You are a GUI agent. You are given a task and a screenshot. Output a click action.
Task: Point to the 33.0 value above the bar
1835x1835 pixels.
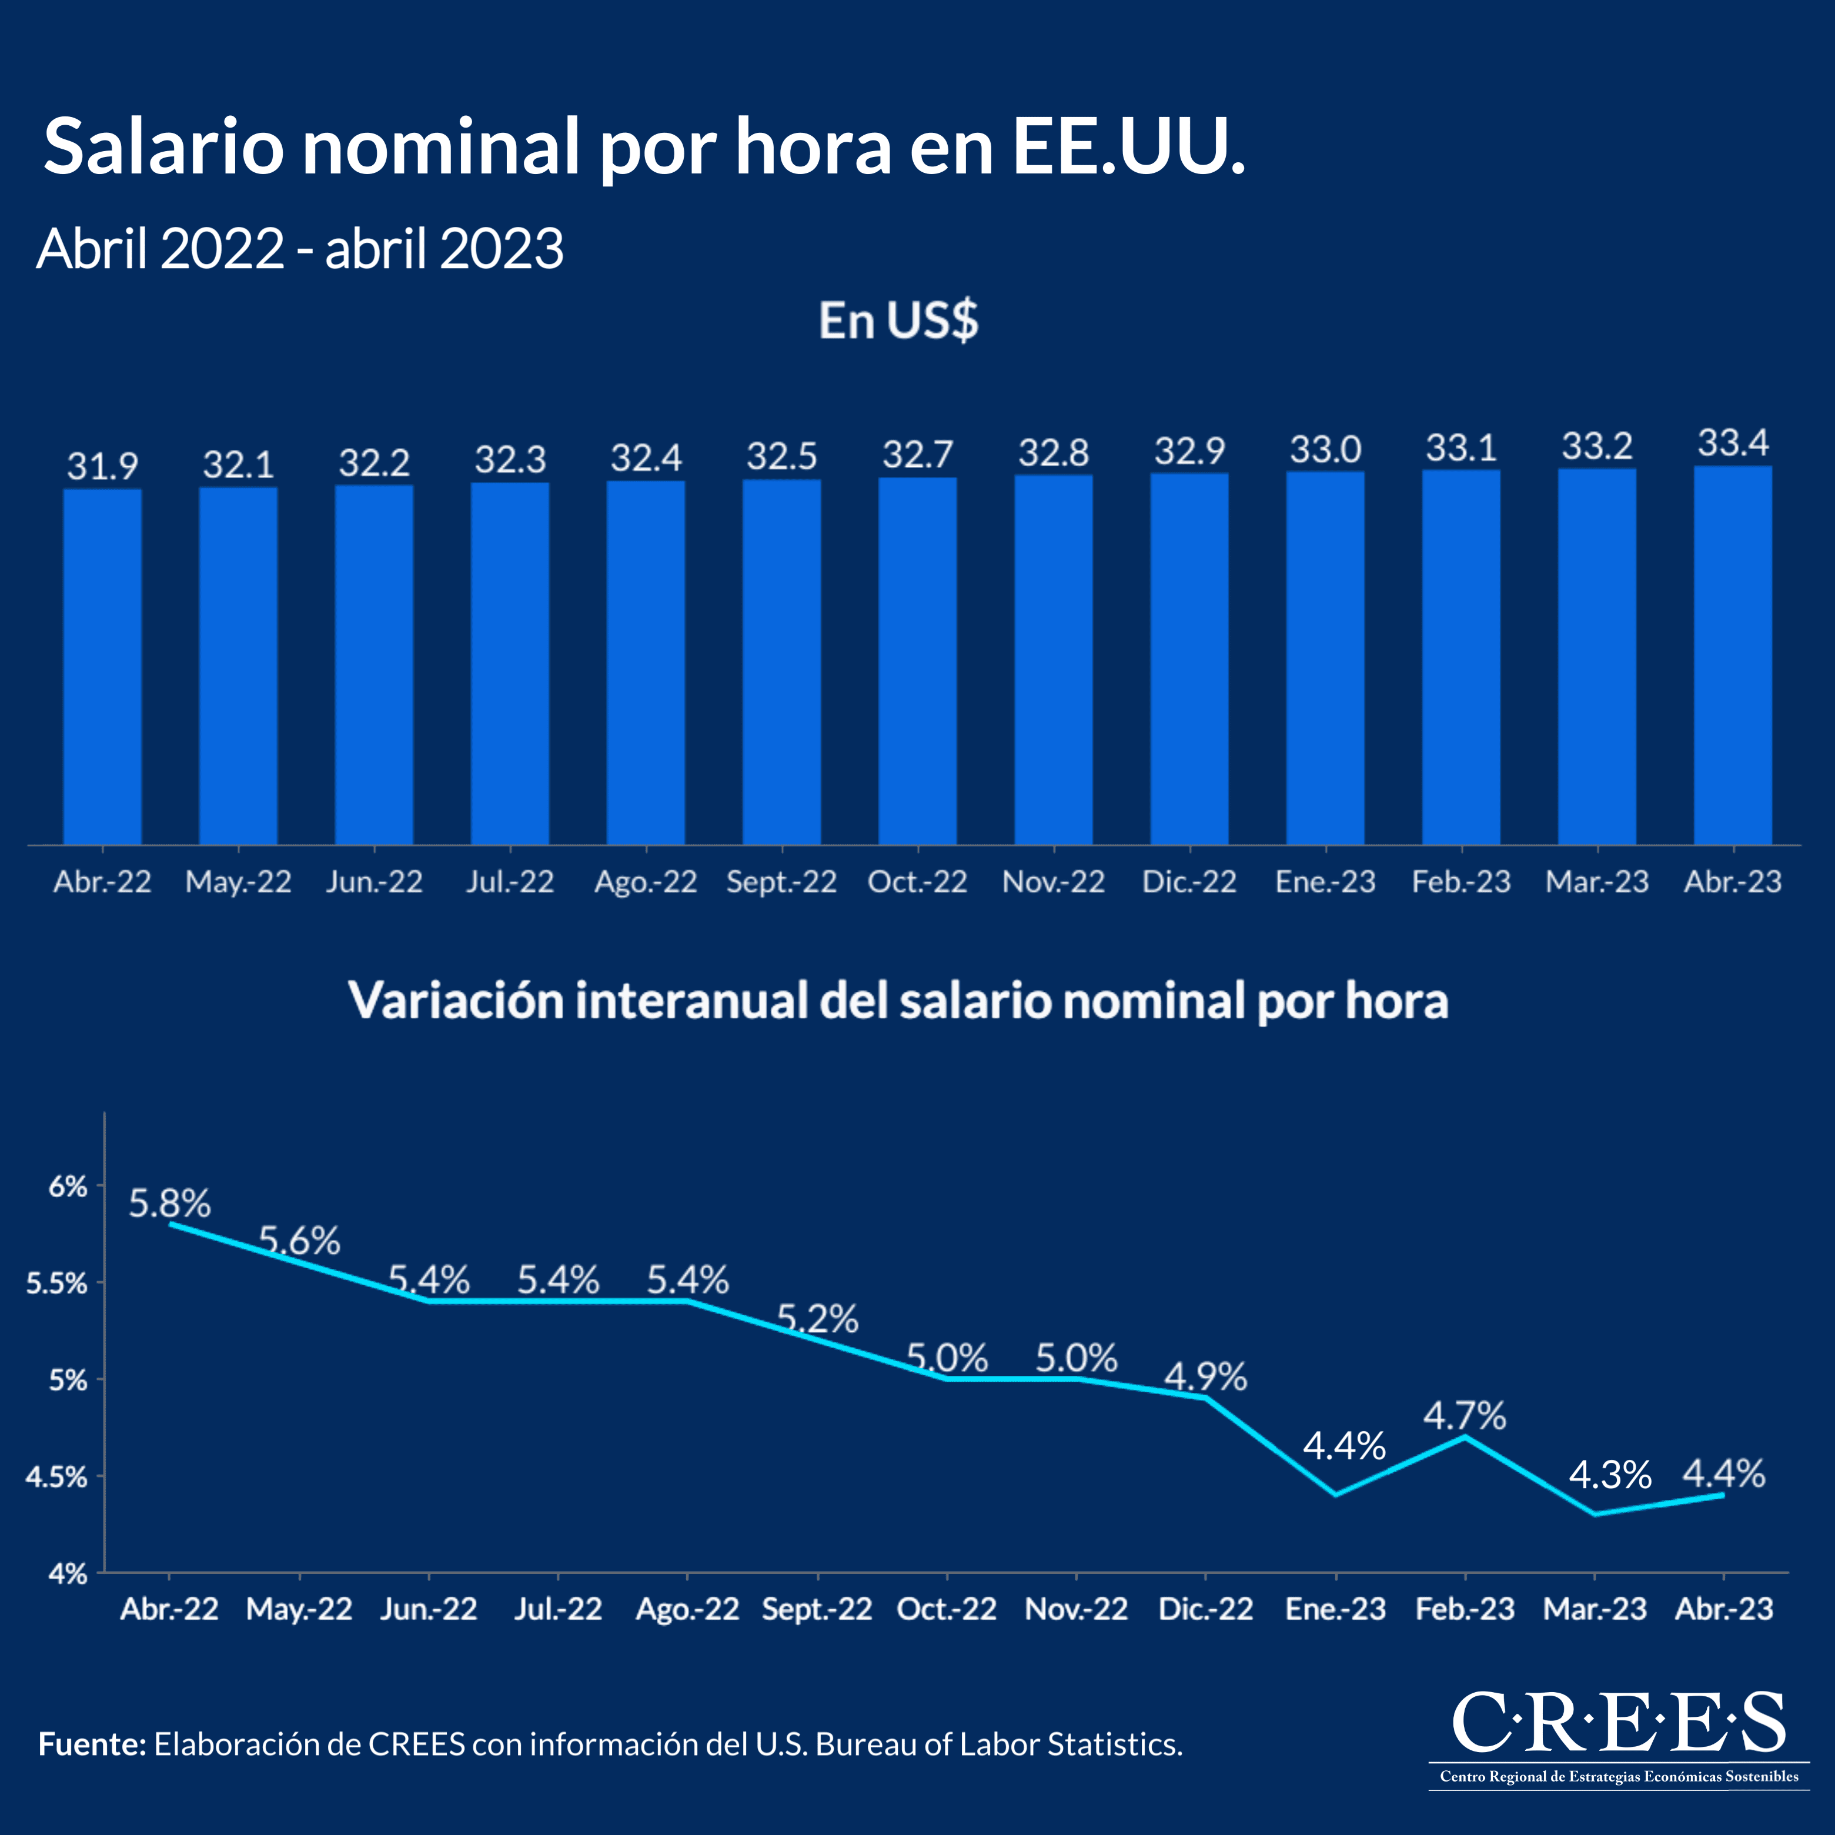click(x=1325, y=449)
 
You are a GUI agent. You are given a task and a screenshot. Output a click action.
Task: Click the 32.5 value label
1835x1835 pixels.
click(x=781, y=457)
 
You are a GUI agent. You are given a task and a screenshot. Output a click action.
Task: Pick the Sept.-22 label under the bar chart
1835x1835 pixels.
click(x=781, y=883)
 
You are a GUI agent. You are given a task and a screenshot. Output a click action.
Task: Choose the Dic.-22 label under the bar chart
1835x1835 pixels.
click(x=1189, y=883)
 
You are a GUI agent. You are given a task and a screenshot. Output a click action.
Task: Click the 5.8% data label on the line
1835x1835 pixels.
click(x=170, y=1204)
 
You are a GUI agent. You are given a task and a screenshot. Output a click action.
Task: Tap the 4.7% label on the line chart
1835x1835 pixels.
click(x=1465, y=1416)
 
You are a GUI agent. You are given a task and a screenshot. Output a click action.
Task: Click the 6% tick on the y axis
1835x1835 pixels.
click(x=68, y=1186)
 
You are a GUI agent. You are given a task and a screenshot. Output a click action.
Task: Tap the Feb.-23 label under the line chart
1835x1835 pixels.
click(x=1465, y=1609)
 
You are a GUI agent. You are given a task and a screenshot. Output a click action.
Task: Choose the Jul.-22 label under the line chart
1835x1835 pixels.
click(x=559, y=1609)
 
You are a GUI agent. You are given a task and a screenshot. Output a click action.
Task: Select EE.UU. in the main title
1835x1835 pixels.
click(x=1128, y=147)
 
